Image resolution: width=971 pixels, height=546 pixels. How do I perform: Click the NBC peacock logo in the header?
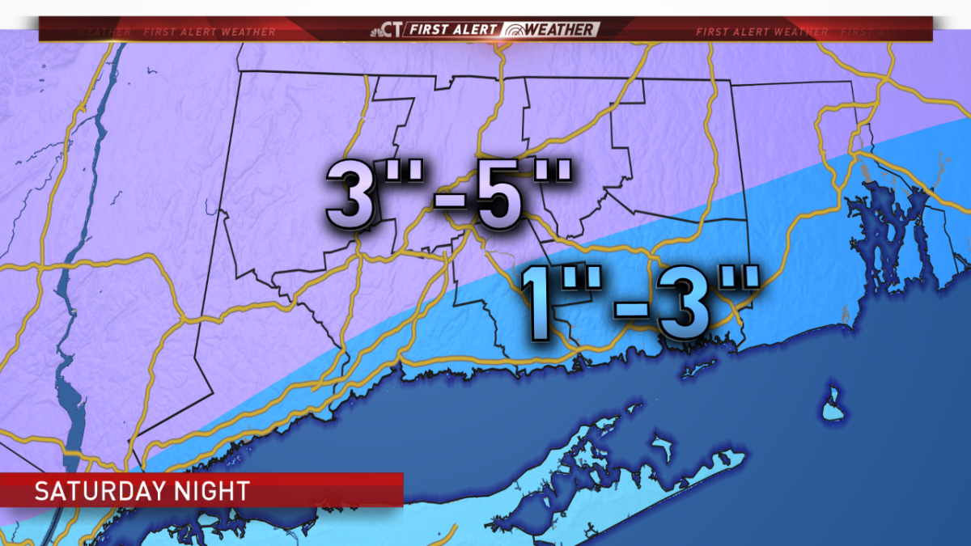(376, 31)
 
